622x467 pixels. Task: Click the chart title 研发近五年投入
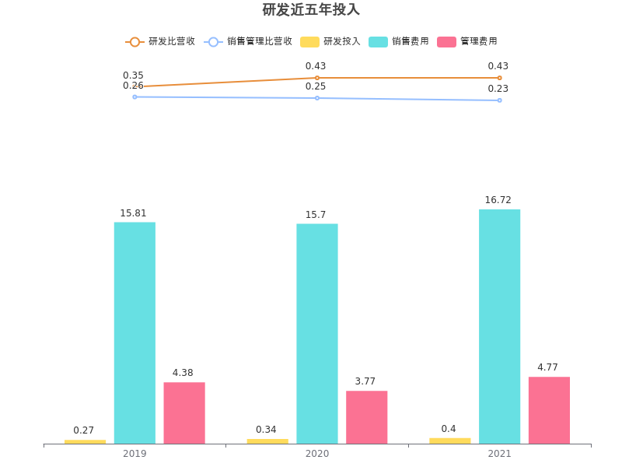311,10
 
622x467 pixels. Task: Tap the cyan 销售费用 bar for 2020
317,334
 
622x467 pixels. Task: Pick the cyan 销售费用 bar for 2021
500,327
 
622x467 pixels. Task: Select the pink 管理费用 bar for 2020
367,417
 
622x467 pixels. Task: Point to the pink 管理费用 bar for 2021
549,410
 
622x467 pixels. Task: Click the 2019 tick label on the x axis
135,453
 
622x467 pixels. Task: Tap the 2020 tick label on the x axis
317,453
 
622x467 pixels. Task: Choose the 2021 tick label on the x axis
500,453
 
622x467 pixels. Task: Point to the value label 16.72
498,200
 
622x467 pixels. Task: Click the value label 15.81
133,212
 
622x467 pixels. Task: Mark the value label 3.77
365,381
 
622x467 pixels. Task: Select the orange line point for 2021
500,78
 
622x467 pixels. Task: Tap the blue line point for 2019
135,97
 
